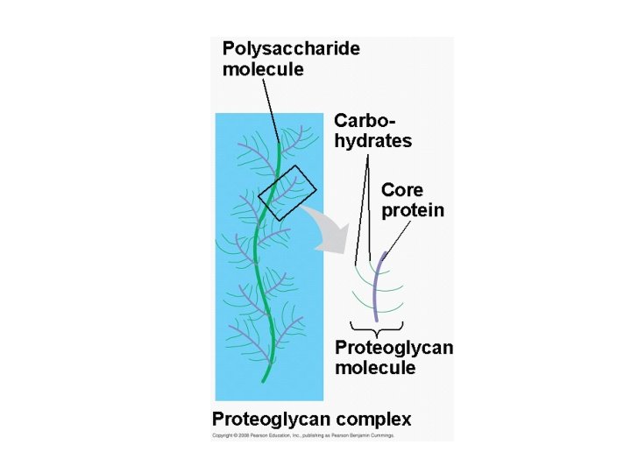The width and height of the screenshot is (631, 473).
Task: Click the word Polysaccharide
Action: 290,49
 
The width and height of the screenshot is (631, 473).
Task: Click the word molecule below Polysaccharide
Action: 263,70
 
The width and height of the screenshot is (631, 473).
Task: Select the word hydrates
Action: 372,141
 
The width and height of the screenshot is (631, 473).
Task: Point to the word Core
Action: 401,190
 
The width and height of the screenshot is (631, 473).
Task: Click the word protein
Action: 412,211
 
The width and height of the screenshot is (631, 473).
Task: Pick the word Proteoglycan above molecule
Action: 393,348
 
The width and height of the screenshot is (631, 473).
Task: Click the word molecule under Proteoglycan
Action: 375,368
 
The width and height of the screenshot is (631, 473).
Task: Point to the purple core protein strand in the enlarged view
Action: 376,289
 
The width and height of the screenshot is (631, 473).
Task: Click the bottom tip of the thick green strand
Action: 264,381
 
